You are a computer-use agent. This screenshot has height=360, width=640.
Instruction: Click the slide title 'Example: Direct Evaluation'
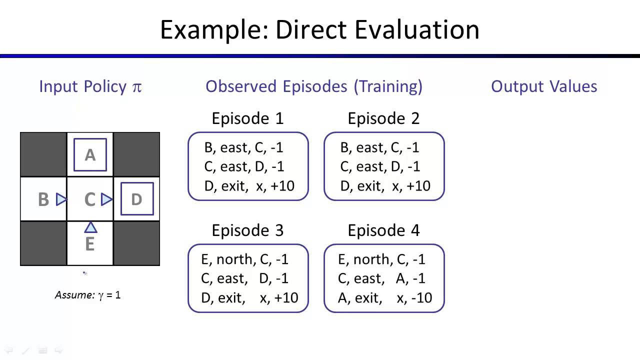[319, 29]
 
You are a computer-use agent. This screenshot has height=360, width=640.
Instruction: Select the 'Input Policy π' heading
[90, 86]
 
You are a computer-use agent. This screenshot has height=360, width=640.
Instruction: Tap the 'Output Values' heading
[544, 86]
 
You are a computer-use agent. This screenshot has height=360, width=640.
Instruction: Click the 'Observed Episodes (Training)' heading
[314, 86]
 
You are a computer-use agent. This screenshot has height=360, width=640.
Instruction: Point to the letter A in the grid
[90, 155]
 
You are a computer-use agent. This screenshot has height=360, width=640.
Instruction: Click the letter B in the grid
[43, 200]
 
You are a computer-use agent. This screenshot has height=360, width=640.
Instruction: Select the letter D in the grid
[136, 199]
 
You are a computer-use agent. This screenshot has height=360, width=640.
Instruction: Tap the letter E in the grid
[90, 244]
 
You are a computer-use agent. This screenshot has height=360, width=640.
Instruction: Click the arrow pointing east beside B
[61, 199]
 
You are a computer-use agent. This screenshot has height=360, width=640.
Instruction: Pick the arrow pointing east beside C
[106, 199]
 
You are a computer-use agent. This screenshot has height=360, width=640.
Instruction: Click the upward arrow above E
[90, 228]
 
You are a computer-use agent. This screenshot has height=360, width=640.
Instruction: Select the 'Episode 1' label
[247, 118]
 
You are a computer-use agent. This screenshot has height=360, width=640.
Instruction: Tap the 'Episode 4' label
[383, 230]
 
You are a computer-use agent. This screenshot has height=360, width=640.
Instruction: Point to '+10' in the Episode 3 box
[285, 298]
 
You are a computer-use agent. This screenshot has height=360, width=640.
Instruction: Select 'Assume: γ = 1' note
[87, 295]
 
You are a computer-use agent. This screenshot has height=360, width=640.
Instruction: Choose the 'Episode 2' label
[383, 118]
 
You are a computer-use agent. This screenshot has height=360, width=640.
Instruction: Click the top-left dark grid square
[43, 154]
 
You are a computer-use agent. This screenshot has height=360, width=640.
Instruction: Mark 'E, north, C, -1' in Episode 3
[245, 259]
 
